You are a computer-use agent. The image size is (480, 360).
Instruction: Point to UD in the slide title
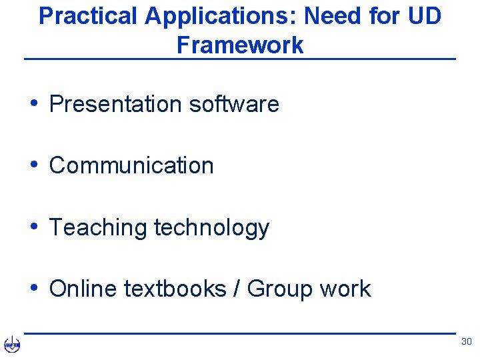tap(424, 16)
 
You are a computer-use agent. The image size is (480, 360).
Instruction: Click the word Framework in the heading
tap(240, 45)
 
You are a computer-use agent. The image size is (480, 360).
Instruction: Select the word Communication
tap(131, 165)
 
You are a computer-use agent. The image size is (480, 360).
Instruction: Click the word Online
tap(79, 289)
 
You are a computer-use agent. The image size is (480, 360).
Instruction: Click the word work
tap(345, 289)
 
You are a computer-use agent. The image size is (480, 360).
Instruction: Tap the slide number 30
tap(466, 342)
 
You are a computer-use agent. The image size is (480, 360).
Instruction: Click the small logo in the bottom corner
tap(12, 345)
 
